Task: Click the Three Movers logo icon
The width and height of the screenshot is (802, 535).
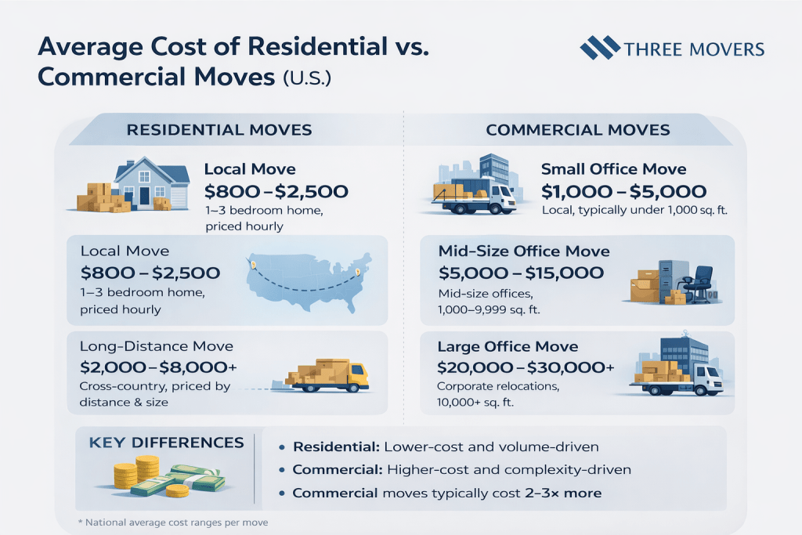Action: [x=599, y=48]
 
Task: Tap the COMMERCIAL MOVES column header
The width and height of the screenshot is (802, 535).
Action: [x=578, y=129]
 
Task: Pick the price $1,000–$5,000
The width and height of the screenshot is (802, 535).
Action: [x=623, y=190]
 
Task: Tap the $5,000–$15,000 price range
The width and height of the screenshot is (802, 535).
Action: [x=522, y=273]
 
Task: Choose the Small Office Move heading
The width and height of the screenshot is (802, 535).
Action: [x=613, y=169]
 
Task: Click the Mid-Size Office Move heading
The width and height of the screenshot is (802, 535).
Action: [x=524, y=252]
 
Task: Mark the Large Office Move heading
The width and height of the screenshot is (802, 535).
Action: [x=508, y=346]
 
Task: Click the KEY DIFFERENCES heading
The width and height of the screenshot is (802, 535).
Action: [x=167, y=443]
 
